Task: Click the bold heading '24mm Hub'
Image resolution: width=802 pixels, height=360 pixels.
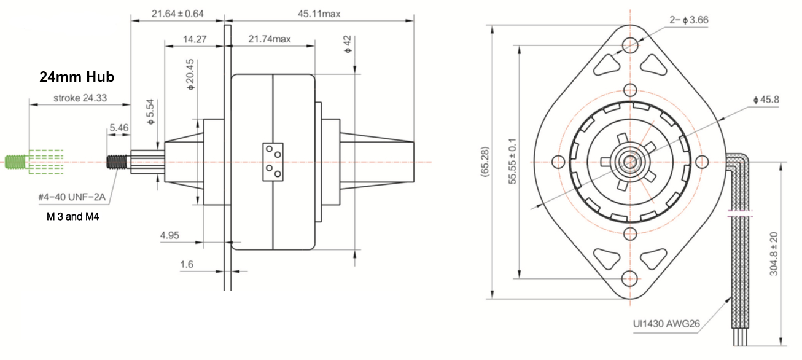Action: [77, 79]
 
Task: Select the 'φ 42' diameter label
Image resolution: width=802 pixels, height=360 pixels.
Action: [348, 44]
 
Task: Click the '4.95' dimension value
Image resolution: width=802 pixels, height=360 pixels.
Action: [169, 235]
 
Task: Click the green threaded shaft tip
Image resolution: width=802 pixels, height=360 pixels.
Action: [16, 162]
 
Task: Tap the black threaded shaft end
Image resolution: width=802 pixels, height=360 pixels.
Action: [115, 162]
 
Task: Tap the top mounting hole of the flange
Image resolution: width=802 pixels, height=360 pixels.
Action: [630, 45]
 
